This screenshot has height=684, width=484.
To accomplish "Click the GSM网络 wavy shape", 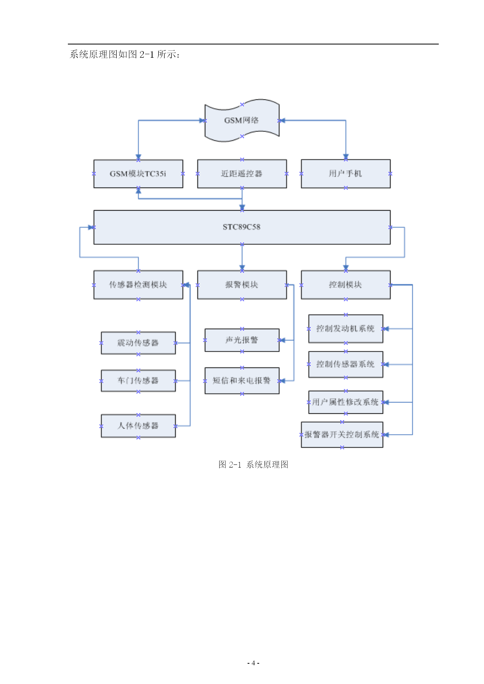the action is [x=242, y=120].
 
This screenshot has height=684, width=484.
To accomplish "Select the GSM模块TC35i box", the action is [x=138, y=174].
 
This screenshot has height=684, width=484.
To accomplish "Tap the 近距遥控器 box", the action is [x=242, y=174].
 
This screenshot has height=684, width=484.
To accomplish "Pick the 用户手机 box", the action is [x=346, y=174].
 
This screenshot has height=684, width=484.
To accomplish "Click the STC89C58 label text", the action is [x=241, y=227].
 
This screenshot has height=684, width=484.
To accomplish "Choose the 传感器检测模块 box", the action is [x=138, y=285].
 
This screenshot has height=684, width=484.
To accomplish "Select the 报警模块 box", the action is [x=242, y=285].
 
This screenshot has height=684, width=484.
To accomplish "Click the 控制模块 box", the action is [x=346, y=285].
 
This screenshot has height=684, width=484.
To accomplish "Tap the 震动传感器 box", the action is [x=138, y=343].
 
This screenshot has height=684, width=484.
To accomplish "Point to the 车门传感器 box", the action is [x=138, y=381].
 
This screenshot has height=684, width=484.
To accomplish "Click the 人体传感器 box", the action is [x=138, y=426].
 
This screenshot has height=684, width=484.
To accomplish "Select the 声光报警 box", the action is [x=242, y=340].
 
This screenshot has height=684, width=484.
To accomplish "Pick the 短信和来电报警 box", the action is [x=242, y=381].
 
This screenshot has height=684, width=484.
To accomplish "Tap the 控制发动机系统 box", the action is [x=346, y=329].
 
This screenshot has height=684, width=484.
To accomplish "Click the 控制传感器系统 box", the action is [x=346, y=364].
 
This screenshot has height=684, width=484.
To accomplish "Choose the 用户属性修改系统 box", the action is [x=346, y=402].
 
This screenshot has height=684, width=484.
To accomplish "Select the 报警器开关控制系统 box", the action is [x=342, y=434].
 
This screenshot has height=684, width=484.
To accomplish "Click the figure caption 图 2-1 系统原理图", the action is [x=253, y=464].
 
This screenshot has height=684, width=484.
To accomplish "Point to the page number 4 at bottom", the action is [x=253, y=663].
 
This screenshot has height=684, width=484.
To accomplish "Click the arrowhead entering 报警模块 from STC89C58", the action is [x=242, y=268].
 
